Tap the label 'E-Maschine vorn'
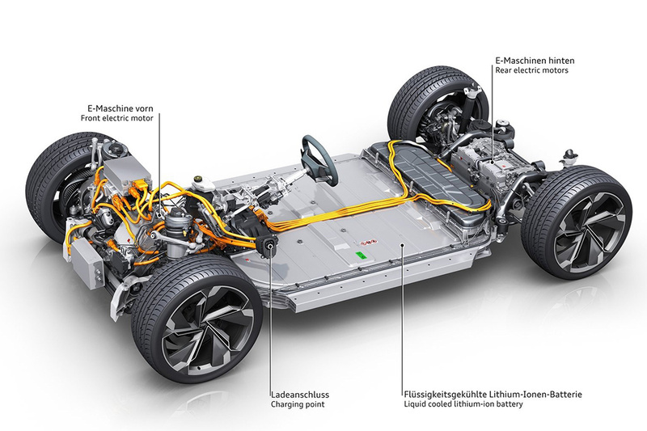tap(120, 108)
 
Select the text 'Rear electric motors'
tap(532, 70)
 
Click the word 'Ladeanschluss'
tap(300, 395)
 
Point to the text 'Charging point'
tap(298, 404)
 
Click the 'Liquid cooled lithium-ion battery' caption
tap(463, 404)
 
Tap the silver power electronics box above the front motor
tap(126, 174)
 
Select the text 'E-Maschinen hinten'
tap(535, 60)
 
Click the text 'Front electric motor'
tap(116, 118)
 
